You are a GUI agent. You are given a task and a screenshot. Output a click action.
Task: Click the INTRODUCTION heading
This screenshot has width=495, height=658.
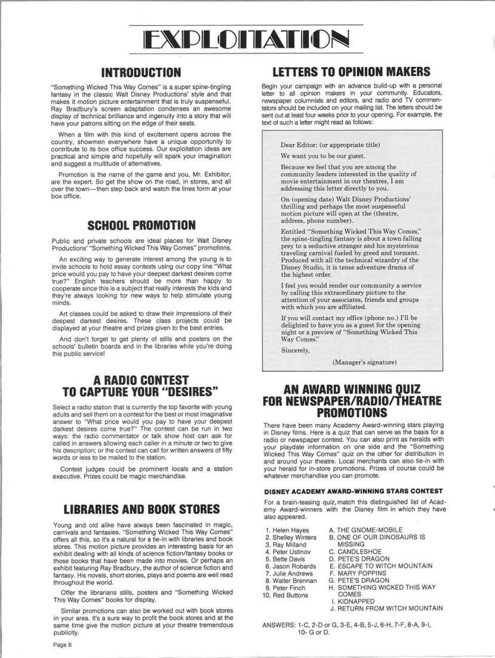[141, 73]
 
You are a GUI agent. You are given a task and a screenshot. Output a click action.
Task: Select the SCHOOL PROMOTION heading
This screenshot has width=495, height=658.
[141, 225]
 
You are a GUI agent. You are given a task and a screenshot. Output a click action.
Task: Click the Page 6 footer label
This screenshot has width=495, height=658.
[62, 645]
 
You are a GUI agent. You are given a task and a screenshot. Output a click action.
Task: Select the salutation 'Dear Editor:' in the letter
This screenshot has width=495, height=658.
[303, 144]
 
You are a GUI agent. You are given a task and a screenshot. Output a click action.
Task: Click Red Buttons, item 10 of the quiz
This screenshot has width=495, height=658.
[290, 596]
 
